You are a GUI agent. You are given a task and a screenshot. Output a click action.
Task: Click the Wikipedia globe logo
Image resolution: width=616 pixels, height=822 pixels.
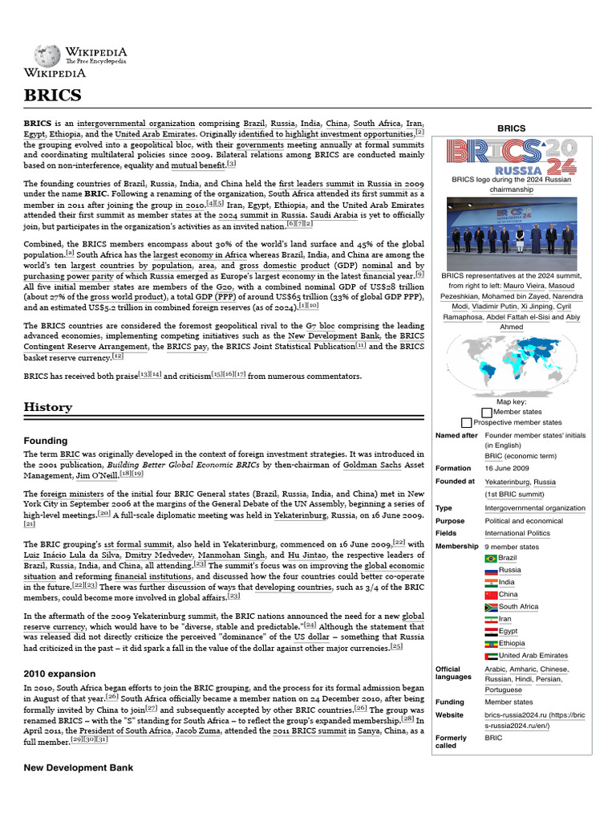47,55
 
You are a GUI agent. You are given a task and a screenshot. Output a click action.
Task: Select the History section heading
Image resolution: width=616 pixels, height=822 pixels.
48,407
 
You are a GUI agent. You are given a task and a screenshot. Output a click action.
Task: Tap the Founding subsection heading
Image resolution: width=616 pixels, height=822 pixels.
46,441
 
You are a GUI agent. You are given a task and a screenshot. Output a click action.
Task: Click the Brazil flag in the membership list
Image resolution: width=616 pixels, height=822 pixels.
491,558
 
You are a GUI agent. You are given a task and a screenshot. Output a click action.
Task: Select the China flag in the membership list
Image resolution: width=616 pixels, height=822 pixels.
491,595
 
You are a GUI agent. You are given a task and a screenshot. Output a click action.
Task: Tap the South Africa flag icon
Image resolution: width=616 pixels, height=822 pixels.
491,607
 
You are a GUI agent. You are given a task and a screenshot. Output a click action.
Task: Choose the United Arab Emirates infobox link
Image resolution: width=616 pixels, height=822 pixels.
533,656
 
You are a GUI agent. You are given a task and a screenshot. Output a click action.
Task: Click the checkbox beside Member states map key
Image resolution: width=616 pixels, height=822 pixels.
487,412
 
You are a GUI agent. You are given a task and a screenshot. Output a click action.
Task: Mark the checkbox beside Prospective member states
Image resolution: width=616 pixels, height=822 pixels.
466,422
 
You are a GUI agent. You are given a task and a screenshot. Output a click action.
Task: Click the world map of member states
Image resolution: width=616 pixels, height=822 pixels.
511,362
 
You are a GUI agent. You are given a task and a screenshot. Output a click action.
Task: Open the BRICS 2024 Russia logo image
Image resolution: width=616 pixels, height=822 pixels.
511,157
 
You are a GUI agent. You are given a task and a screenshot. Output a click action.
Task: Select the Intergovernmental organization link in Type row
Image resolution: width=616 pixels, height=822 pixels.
534,508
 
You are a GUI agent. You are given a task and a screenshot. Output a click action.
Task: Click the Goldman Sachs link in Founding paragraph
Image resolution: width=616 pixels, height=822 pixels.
370,465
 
